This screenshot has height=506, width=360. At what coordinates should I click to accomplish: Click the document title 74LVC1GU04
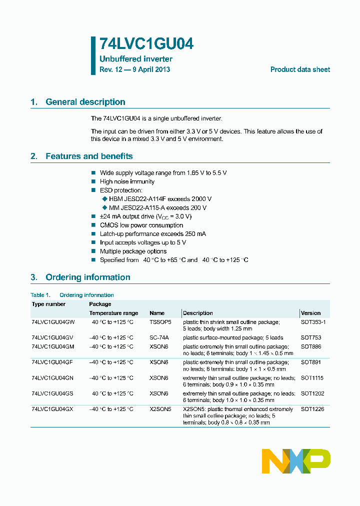[x=146, y=44]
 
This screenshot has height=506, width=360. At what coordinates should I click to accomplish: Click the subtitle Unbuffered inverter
[x=135, y=59]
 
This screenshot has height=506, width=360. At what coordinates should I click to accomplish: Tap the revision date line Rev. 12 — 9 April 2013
[x=134, y=69]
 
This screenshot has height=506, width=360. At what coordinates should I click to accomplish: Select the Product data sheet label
[x=300, y=69]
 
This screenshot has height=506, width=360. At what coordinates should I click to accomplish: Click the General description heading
[x=85, y=102]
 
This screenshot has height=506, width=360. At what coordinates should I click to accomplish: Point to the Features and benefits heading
[x=88, y=156]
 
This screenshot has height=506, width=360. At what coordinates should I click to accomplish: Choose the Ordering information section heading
[x=87, y=277]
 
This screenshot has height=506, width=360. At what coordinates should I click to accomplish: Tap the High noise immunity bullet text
[x=127, y=181]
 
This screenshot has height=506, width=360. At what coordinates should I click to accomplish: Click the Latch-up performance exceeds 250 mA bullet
[x=152, y=234]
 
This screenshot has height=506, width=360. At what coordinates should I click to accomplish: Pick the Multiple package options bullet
[x=133, y=251]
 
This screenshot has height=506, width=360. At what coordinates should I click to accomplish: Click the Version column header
[x=310, y=313]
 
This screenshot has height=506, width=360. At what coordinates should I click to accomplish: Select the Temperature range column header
[x=113, y=313]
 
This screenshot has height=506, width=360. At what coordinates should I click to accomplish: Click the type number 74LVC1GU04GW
[x=52, y=322]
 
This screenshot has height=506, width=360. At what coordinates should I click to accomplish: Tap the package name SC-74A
[x=159, y=338]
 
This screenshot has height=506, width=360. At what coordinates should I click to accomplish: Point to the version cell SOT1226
[x=312, y=409]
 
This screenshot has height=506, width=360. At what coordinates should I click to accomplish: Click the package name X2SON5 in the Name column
[x=160, y=409]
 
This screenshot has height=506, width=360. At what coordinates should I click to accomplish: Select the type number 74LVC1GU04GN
[x=52, y=378]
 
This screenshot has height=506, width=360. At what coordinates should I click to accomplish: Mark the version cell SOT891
[x=310, y=362]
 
